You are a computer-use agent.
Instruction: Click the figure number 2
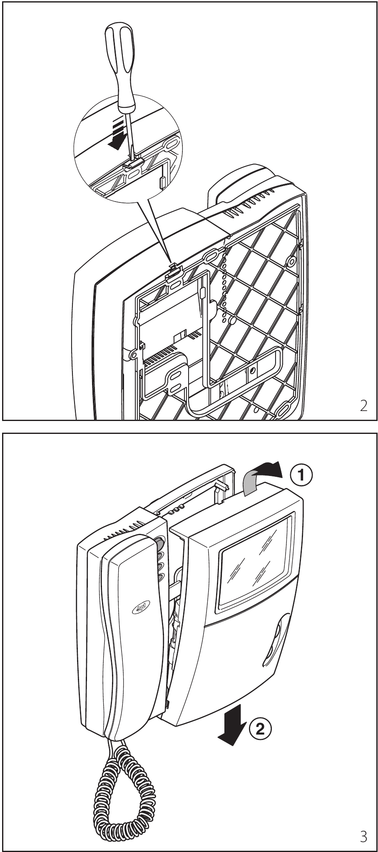click(363, 406)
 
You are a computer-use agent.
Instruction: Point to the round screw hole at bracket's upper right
click(290, 262)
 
